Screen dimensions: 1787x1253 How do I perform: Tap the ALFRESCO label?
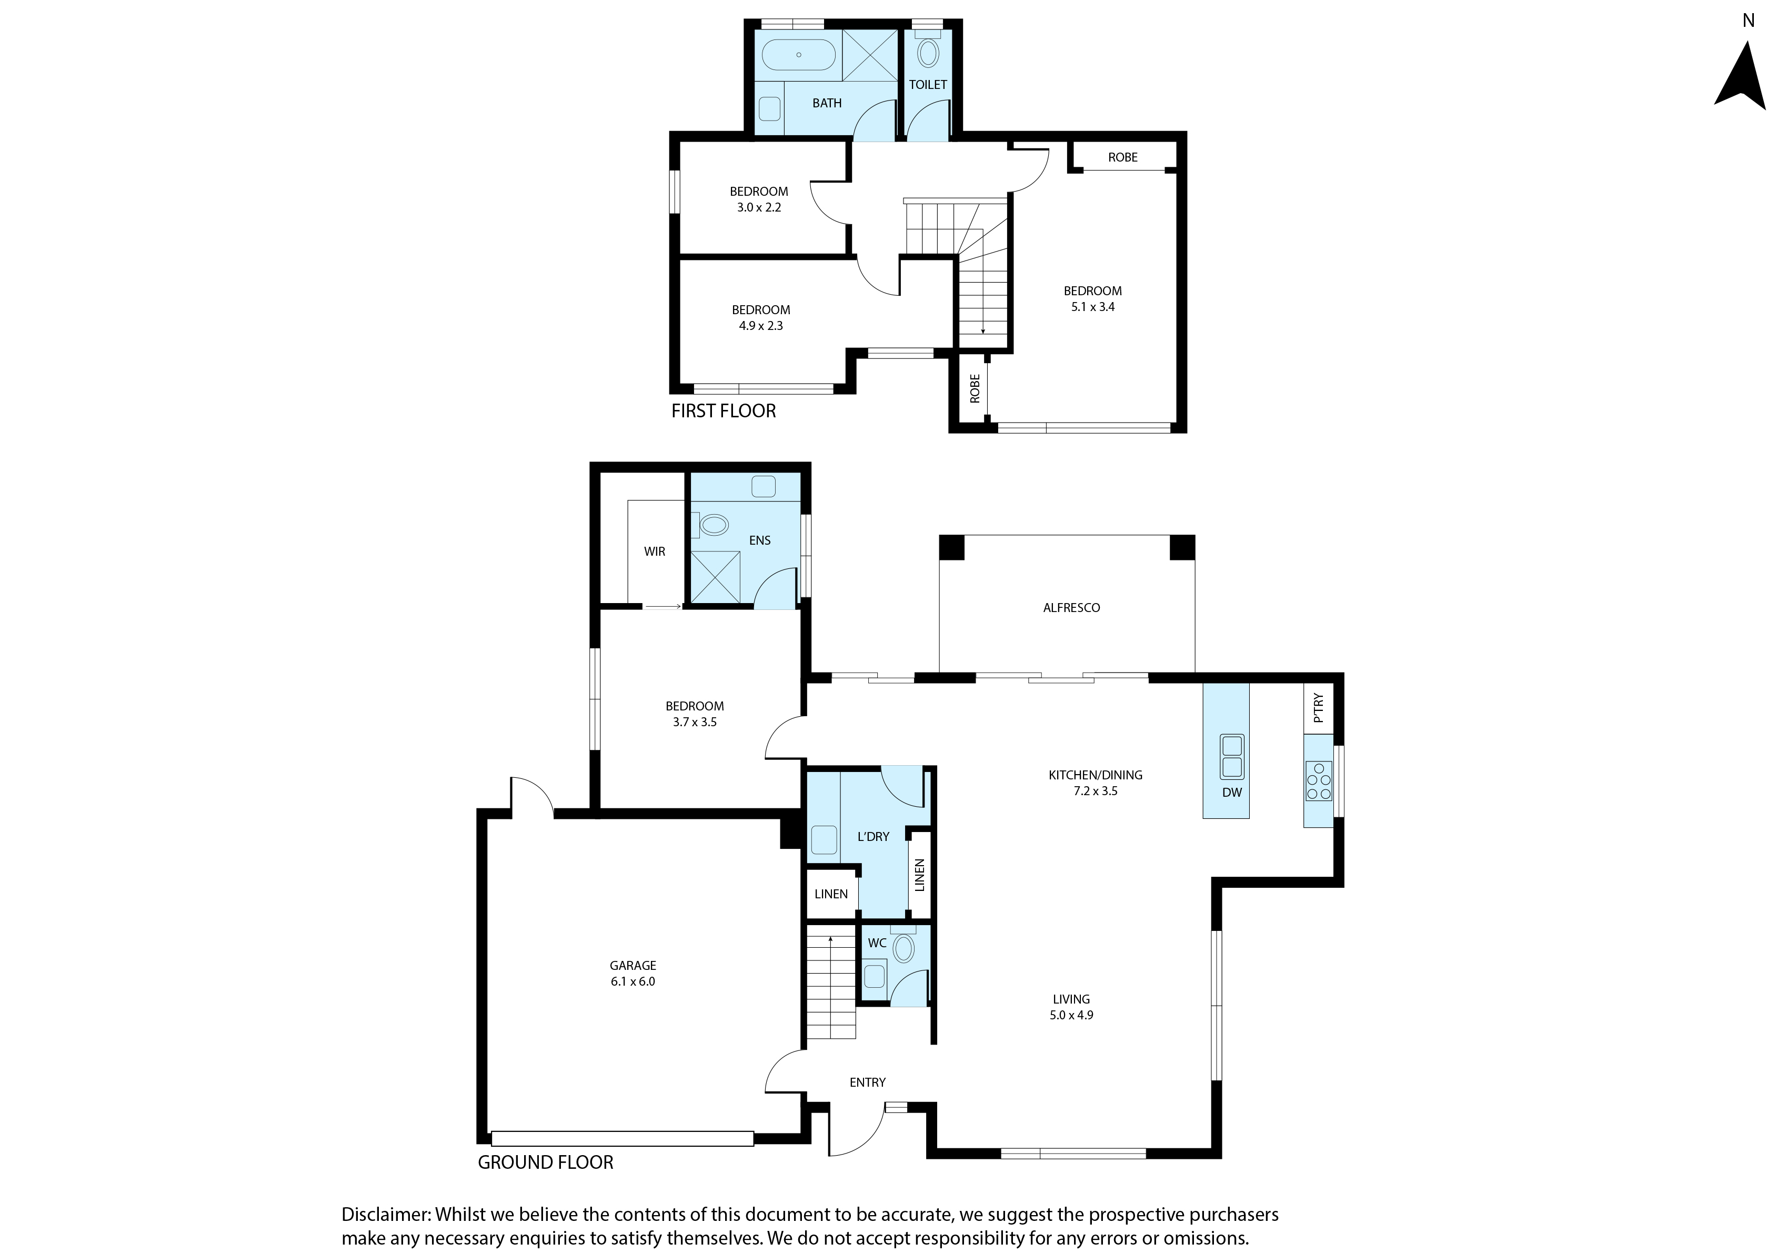pyautogui.click(x=1071, y=608)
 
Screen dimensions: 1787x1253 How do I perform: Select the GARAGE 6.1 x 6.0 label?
pyautogui.click(x=633, y=974)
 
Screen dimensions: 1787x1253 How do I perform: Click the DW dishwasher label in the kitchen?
pyautogui.click(x=1232, y=793)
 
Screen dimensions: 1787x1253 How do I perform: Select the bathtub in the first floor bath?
pyautogui.click(x=799, y=55)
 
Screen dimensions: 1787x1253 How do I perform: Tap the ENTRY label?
pyautogui.click(x=868, y=1082)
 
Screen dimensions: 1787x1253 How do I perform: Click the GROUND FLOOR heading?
pyautogui.click(x=546, y=1162)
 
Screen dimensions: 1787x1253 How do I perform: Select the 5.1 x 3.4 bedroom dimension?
pyautogui.click(x=1093, y=307)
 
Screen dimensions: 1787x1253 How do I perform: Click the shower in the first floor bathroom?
pyautogui.click(x=870, y=55)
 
